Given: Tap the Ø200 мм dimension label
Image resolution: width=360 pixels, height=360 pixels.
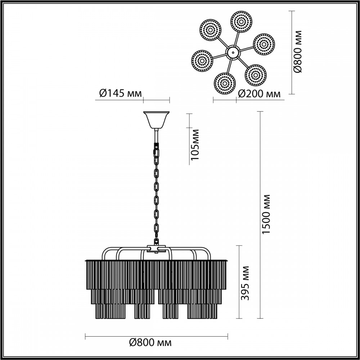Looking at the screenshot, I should click(260, 94).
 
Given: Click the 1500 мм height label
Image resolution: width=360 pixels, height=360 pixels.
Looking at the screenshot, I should click(266, 215).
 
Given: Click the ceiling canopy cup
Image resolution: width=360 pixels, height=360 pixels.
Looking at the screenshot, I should click(156, 120).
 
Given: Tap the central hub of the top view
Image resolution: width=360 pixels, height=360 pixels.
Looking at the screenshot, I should click(232, 53).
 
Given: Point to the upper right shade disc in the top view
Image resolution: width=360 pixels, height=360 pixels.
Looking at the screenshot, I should click(264, 45).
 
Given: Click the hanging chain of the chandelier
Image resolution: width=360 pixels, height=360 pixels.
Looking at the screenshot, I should click(157, 194).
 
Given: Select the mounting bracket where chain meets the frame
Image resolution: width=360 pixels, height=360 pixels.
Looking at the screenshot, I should click(157, 248).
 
